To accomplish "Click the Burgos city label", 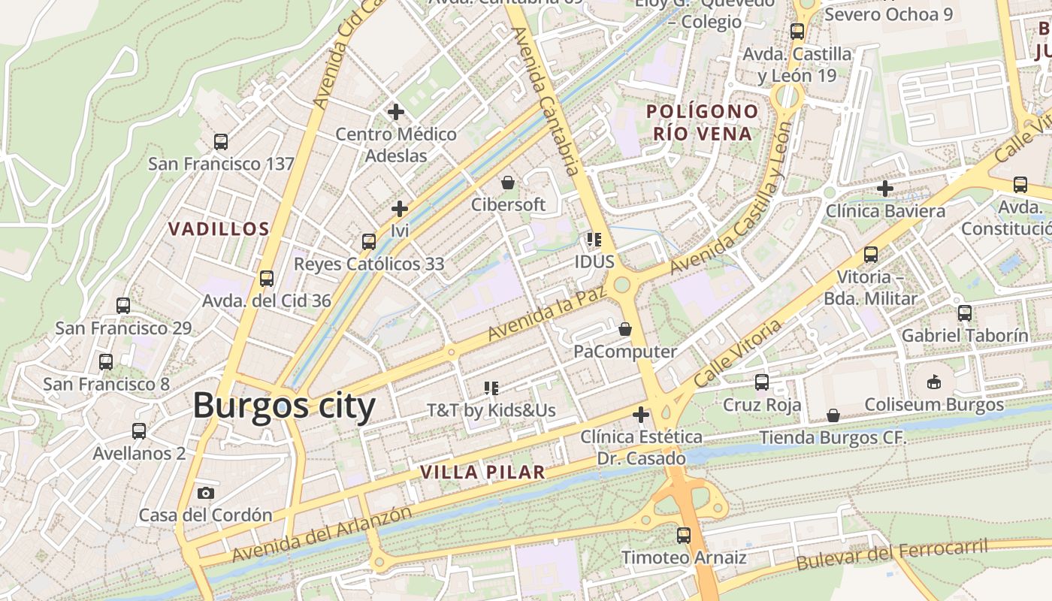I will (284, 406).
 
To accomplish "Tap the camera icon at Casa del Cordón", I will (205, 494).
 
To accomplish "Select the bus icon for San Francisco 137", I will (220, 142).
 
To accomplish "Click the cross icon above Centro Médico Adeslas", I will (396, 113).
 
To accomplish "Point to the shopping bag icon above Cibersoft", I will (508, 183).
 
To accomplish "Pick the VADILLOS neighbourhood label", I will (218, 229).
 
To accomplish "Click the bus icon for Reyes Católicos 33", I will (368, 242).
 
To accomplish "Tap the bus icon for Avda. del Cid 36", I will (266, 279).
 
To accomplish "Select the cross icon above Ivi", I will (400, 209).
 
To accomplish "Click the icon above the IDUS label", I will (594, 240).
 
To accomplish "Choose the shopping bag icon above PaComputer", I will (624, 329).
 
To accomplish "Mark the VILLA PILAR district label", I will (482, 473).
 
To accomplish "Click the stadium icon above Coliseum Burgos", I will (934, 382).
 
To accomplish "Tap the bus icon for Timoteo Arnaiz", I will (683, 536).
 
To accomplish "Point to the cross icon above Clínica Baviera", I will (885, 189).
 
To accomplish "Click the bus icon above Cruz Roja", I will (762, 382).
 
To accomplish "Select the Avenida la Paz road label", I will (546, 314).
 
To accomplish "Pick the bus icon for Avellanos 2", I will (139, 431).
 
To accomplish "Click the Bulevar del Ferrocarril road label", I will (892, 554).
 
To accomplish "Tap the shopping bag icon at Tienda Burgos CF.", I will (833, 415).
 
